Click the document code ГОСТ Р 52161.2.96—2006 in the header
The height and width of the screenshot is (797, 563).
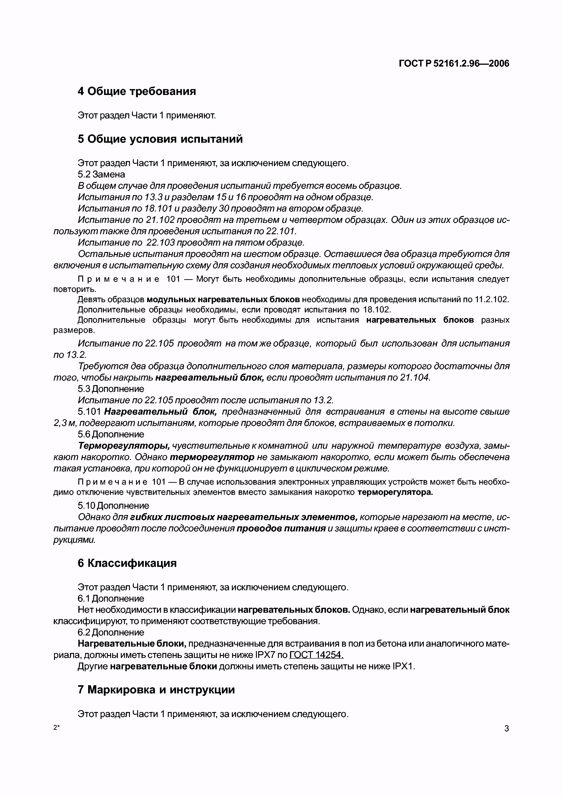click(454, 64)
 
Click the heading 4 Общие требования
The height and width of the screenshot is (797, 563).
click(137, 91)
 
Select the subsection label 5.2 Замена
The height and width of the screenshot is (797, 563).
click(101, 174)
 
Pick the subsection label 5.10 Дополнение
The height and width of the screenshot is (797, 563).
click(113, 506)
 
